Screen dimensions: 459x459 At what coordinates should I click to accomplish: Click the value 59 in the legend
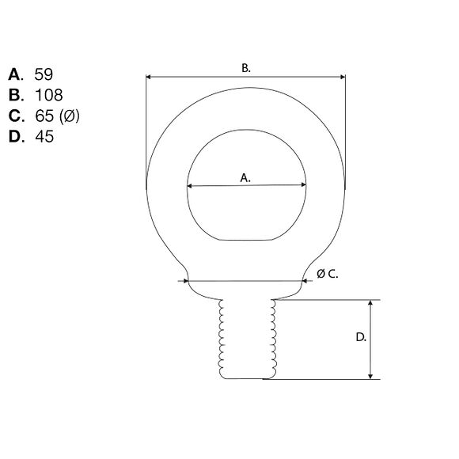pos(44,74)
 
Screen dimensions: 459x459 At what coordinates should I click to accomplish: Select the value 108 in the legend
pos(48,95)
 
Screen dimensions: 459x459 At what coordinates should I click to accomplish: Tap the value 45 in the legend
pos(44,136)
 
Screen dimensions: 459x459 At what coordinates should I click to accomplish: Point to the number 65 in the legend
pos(44,116)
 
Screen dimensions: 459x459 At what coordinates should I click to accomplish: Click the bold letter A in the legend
pos(14,74)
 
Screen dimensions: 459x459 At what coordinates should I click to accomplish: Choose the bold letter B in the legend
pos(14,95)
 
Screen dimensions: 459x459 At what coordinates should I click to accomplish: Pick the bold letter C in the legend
pos(14,116)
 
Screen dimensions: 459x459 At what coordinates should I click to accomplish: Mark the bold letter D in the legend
pos(14,136)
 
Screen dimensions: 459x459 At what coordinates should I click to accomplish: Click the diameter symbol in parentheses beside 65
pos(70,116)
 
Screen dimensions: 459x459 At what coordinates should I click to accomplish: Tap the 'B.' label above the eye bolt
pos(246,68)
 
